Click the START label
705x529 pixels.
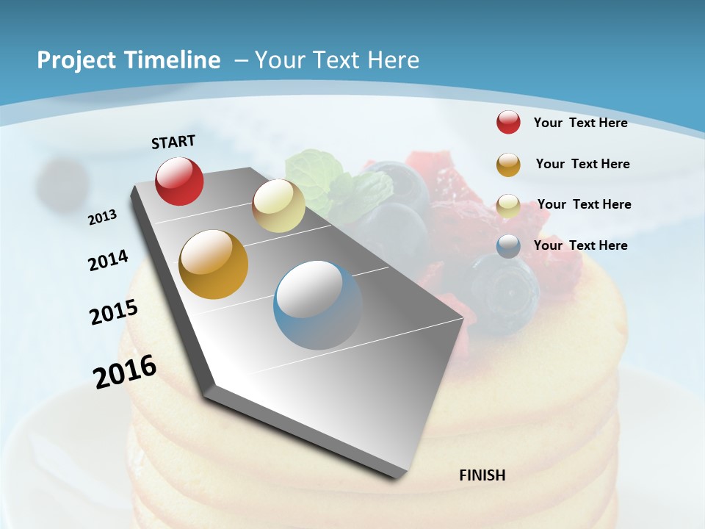(x=173, y=142)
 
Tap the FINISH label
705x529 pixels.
(x=482, y=475)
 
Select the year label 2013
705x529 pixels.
(x=103, y=217)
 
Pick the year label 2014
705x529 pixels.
(x=108, y=260)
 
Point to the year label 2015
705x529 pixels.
(x=114, y=312)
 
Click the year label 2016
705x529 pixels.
(x=125, y=371)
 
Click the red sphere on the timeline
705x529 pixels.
(x=179, y=181)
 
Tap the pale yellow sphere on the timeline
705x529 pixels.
(x=278, y=206)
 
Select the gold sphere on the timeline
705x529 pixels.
(x=214, y=264)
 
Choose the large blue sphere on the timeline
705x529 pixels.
(x=317, y=304)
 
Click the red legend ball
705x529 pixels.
(x=508, y=122)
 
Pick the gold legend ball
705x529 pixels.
(x=508, y=165)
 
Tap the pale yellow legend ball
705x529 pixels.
(x=508, y=206)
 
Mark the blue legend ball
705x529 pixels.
(x=508, y=246)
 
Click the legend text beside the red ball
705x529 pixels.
(x=580, y=123)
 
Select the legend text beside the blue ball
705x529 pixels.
(x=580, y=245)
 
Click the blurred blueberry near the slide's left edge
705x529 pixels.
(x=62, y=181)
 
